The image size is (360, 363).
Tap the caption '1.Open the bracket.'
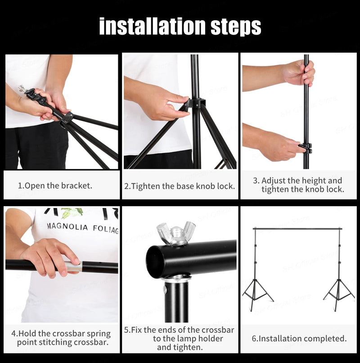point(55,186)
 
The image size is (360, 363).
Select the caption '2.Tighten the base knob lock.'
point(180,186)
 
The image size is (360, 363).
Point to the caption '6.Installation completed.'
point(299,338)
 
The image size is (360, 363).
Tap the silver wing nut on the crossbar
point(176,234)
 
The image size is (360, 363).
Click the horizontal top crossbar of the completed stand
point(297,229)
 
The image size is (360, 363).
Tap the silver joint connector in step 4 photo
point(73,267)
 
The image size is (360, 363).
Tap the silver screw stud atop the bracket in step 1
point(22,88)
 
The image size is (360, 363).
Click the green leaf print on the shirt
point(72,212)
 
